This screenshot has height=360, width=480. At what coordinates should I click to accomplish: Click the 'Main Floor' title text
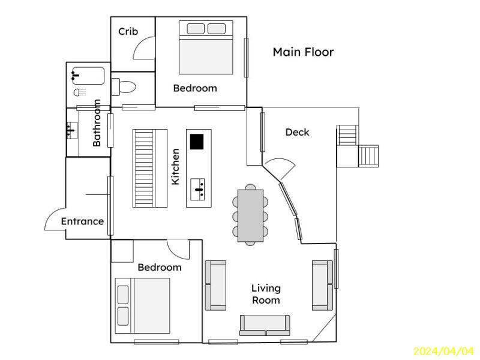[x=303, y=52]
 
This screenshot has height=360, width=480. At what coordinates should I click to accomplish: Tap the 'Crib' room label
[x=128, y=31]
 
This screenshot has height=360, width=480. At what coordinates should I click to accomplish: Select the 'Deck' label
[x=297, y=132]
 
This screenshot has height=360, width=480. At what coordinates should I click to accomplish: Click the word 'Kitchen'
[x=175, y=167]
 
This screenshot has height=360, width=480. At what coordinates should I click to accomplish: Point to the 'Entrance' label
[x=82, y=221]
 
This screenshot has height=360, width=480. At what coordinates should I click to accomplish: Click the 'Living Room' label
[x=266, y=294]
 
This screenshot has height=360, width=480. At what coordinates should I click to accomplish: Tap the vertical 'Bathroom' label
[x=97, y=123]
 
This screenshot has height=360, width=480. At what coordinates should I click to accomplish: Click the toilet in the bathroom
[x=123, y=87]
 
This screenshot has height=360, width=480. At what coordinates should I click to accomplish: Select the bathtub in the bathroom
[x=88, y=76]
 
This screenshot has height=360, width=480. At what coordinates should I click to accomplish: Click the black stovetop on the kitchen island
[x=197, y=142]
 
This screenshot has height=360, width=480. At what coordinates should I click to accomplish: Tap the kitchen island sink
[x=198, y=190]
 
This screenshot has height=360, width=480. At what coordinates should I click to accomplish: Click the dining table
[x=250, y=215]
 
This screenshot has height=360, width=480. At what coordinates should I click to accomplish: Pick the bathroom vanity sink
[x=72, y=130]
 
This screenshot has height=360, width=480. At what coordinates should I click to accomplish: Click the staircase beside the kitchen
[x=149, y=168]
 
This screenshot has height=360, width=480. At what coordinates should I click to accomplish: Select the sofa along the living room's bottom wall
[x=265, y=325]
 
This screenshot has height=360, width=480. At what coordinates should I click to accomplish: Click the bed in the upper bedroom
[x=206, y=47]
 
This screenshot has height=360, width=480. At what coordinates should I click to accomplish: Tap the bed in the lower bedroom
[x=142, y=305]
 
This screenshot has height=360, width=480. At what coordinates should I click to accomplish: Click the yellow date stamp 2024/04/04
[x=443, y=352]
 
